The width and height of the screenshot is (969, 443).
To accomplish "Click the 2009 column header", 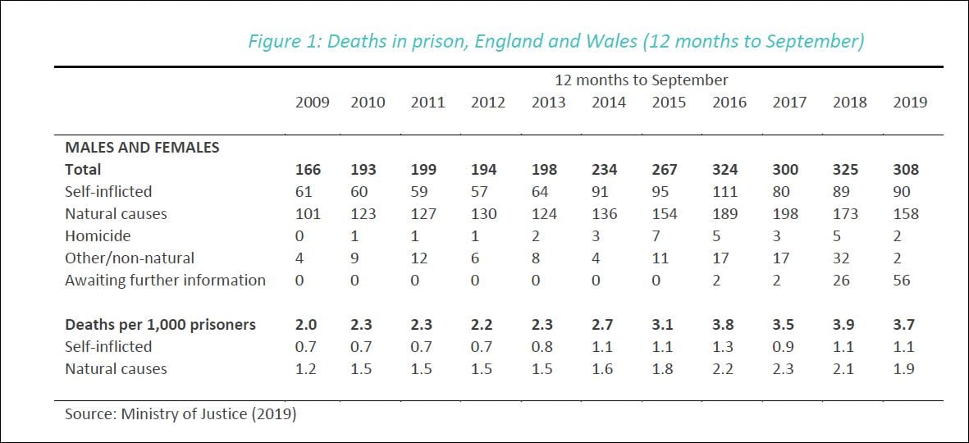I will [312, 103].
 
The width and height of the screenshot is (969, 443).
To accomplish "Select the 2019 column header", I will [910, 103].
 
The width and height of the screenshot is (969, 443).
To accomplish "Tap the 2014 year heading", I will [609, 103].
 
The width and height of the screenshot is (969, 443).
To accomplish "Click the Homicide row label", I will [97, 236].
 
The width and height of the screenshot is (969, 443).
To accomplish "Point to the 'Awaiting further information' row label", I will [165, 281].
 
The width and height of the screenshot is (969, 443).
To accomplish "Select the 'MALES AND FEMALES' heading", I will [142, 148].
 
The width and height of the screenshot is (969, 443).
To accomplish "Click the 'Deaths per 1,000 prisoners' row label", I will [160, 325].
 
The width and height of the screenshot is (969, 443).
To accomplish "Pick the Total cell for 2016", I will [725, 170].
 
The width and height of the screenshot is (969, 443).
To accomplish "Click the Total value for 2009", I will [309, 170].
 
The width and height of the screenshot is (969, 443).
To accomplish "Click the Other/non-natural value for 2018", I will [845, 258].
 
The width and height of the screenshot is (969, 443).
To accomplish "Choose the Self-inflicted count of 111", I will [725, 192].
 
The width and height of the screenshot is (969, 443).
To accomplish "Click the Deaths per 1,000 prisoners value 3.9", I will [845, 325].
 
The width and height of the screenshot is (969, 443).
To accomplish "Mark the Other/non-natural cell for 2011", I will [419, 258].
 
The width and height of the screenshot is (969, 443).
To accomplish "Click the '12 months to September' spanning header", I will [641, 80].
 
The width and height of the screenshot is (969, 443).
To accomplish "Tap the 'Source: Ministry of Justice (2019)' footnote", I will [181, 414].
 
